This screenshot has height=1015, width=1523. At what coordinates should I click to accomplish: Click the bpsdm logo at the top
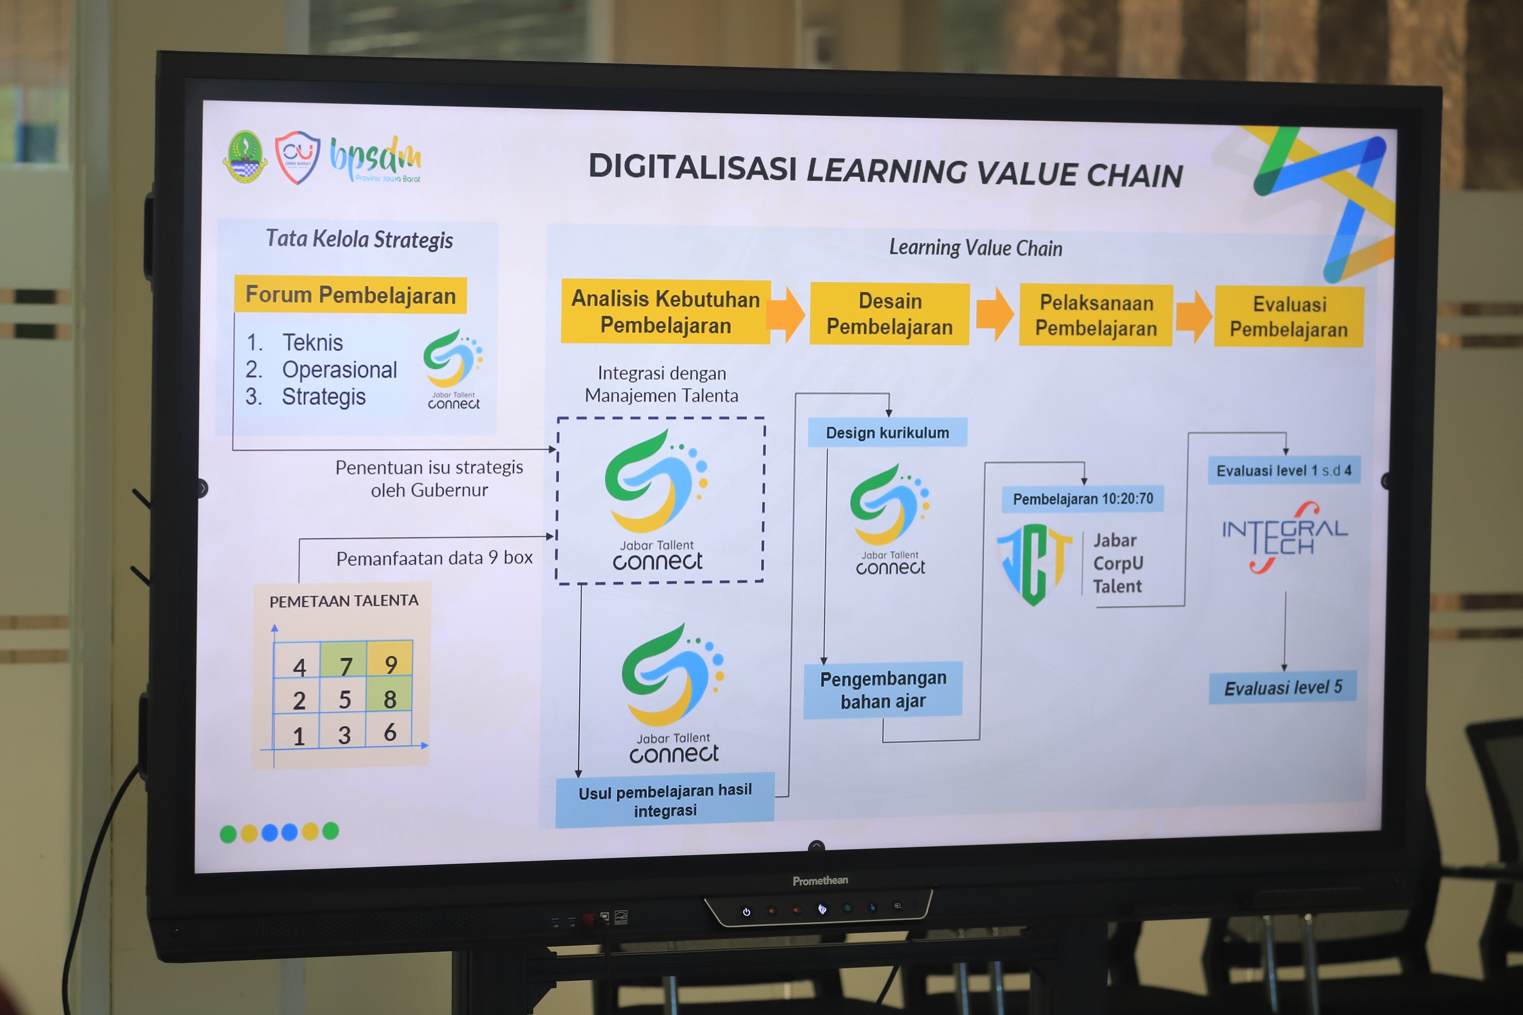376,159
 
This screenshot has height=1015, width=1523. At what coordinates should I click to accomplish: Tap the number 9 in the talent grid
391,665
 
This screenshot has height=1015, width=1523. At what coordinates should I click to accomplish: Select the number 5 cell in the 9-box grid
345,699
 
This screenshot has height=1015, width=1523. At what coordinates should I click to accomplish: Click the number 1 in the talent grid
298,737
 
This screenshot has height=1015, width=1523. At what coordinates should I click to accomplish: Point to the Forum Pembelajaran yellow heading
350,295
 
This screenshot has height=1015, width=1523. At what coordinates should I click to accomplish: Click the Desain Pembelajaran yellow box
890,314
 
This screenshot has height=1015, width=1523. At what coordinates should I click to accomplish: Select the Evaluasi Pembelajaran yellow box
1289,317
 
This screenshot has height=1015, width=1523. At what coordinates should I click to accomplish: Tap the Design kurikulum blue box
887,432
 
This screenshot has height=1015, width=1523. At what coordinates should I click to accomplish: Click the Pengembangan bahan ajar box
884,690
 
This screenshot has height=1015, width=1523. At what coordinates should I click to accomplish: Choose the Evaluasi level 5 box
1283,687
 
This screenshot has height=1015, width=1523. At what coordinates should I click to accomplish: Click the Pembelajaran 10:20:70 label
1082,499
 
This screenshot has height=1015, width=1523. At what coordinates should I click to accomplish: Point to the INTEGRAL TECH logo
1284,537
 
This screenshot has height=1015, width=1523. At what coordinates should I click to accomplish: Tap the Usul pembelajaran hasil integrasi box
665,800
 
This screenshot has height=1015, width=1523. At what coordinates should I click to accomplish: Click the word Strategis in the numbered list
324,397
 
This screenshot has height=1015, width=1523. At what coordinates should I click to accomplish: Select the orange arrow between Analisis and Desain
786,314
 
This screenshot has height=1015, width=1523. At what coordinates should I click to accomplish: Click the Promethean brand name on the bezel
821,881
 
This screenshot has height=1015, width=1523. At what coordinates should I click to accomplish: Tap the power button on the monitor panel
747,912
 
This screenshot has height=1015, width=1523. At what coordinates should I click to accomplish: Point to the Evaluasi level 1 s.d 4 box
1284,471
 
